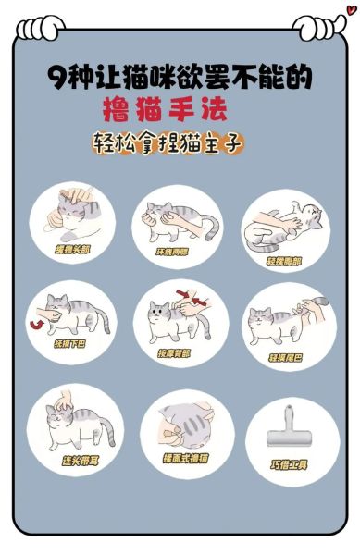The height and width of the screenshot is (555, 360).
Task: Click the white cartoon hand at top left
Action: pyautogui.click(x=38, y=29)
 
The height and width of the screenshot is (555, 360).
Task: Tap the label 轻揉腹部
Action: pyautogui.click(x=283, y=261)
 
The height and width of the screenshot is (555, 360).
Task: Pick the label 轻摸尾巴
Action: pyautogui.click(x=285, y=357)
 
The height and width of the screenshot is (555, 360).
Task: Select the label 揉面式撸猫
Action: pyautogui.click(x=186, y=458)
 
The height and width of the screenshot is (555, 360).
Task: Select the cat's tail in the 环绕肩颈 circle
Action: pyautogui.click(x=212, y=227)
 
